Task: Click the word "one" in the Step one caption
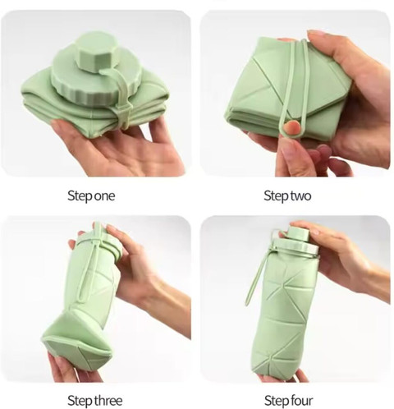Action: point(104,196)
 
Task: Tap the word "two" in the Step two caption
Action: point(300,196)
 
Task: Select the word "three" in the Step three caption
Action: point(108,401)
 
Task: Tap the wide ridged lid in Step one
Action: point(90,80)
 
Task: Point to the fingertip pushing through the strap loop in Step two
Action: point(291,127)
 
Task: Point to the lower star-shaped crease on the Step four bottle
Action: point(273,359)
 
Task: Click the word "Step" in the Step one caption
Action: point(80,196)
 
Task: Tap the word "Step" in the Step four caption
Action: point(277,401)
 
